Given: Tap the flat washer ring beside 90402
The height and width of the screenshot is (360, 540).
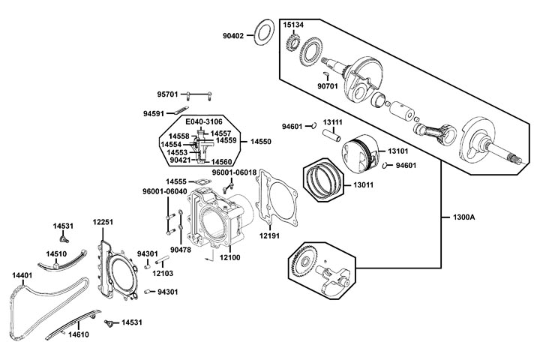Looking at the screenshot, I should (263, 34).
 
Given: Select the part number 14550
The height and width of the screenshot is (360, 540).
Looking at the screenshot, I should (260, 141).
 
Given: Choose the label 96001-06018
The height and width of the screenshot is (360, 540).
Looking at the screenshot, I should (234, 172).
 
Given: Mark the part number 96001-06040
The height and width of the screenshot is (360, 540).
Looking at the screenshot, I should (164, 190).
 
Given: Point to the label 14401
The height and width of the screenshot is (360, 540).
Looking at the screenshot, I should (22, 275).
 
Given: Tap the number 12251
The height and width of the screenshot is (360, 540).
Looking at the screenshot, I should (103, 222).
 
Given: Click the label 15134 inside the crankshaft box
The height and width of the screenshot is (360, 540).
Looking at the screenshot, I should (293, 25).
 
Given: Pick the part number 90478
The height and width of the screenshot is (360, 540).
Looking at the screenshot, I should (180, 250).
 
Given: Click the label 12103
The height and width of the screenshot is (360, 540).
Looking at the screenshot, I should (163, 273).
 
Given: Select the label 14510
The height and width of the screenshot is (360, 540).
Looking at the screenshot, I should (56, 253).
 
